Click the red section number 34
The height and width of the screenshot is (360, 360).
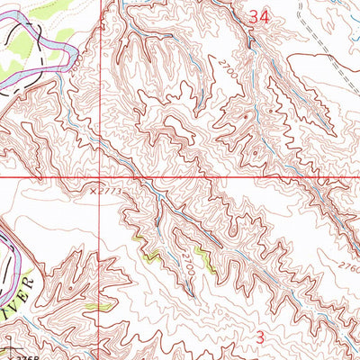259,15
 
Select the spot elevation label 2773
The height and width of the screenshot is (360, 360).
110,191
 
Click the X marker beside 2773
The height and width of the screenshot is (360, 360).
93,191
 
